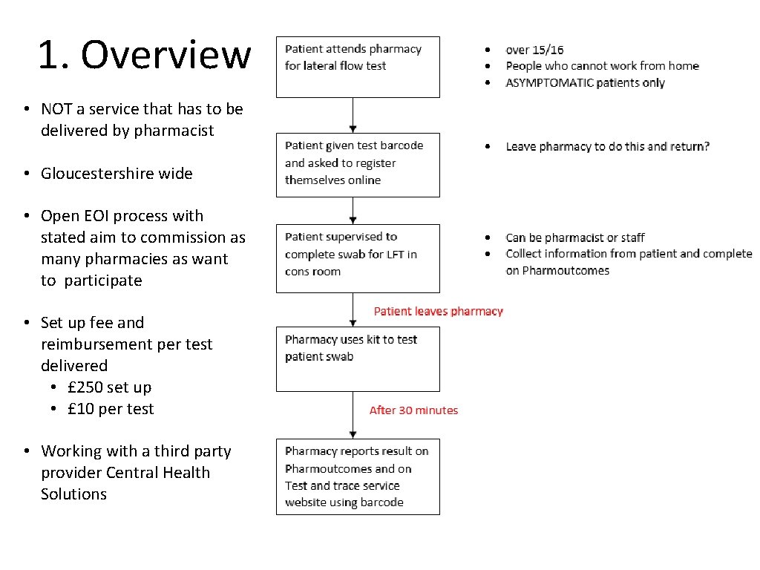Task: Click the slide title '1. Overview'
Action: (145, 55)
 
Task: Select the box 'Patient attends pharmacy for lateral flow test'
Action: (358, 66)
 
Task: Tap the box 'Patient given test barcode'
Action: (358, 164)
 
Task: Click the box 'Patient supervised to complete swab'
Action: (358, 258)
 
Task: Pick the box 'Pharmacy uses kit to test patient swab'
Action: (358, 358)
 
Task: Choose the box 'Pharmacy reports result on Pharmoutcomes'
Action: (358, 476)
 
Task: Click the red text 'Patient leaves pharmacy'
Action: (438, 311)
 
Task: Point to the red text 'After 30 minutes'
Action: (413, 410)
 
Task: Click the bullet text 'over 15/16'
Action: (534, 50)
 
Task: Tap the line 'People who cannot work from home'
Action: (602, 66)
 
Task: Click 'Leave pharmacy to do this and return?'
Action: (607, 146)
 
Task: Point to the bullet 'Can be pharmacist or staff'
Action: (574, 237)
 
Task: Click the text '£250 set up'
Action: (109, 387)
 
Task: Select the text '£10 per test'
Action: (111, 409)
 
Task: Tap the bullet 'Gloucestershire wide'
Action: (117, 174)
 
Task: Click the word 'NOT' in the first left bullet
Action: (56, 109)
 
